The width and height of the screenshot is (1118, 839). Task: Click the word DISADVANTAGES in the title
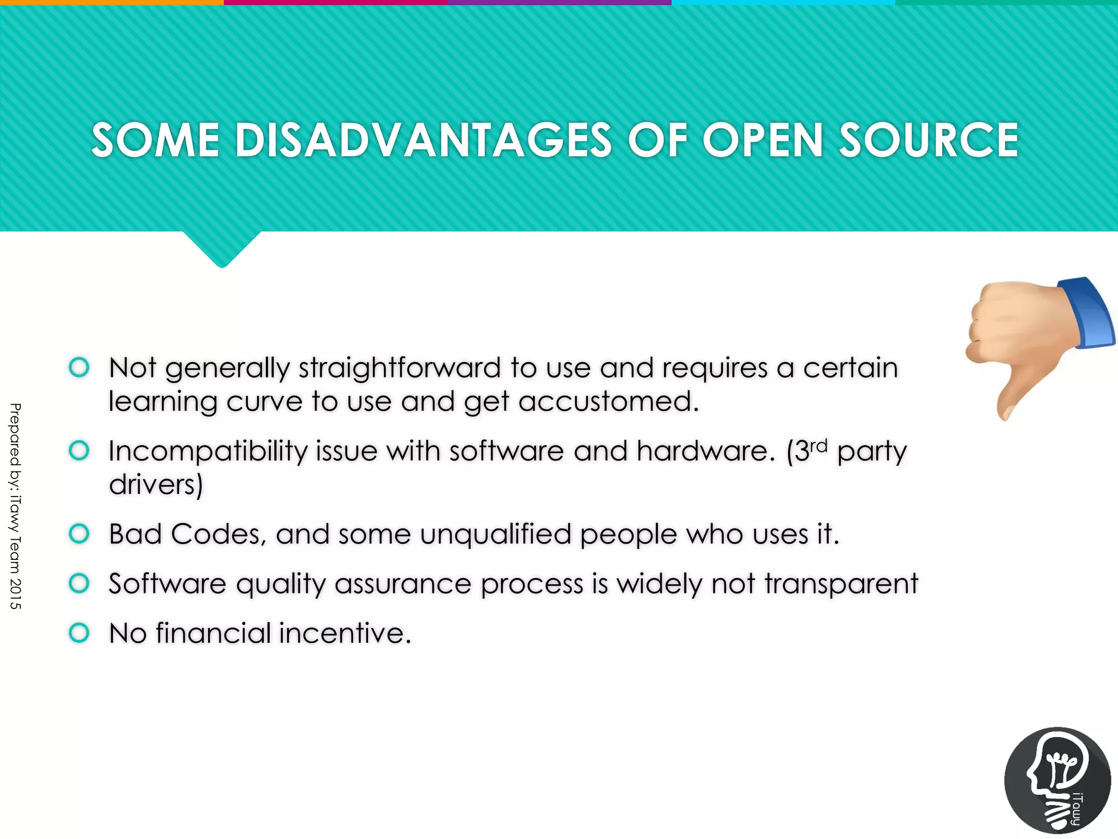423,140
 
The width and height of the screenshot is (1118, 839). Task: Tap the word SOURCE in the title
928,140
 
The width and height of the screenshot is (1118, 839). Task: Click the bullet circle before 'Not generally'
79,367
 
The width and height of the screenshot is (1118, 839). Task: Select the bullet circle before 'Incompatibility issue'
79,451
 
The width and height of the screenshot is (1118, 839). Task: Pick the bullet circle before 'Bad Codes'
79,534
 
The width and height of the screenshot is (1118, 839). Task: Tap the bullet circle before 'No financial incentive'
79,633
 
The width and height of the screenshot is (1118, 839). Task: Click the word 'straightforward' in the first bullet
400,368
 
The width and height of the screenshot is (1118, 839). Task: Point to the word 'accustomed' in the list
608,402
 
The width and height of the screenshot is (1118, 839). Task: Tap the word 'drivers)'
156,485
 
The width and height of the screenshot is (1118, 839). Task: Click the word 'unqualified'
495,535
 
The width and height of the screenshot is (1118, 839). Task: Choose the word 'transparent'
841,584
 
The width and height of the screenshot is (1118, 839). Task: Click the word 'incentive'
344,634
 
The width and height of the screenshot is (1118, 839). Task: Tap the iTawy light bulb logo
1057,780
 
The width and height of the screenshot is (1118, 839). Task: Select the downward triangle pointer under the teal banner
222,249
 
